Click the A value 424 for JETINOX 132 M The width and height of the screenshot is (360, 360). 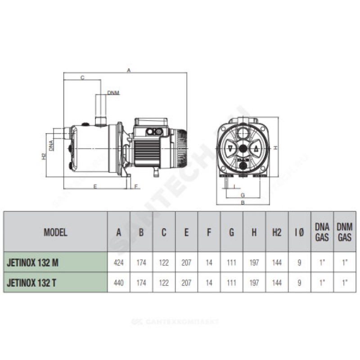pyautogui.click(x=118, y=262)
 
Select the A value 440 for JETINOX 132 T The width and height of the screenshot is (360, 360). pyautogui.click(x=118, y=283)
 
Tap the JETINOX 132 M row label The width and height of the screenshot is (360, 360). pyautogui.click(x=32, y=262)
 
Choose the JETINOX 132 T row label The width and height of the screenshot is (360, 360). pyautogui.click(x=31, y=283)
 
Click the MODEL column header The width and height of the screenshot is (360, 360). pyautogui.click(x=55, y=232)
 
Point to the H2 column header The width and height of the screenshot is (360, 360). pyautogui.click(x=277, y=232)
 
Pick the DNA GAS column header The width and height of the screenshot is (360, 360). pyautogui.click(x=322, y=232)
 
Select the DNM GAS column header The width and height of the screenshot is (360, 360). pyautogui.click(x=344, y=232)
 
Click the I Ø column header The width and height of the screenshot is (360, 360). pyautogui.click(x=299, y=232)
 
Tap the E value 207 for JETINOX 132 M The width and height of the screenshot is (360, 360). pyautogui.click(x=186, y=262)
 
